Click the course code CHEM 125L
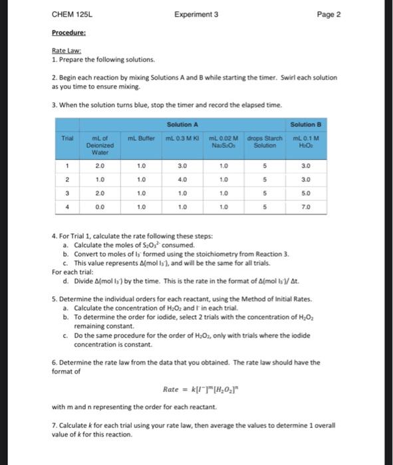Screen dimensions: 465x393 (x=70, y=14)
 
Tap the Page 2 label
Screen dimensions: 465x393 (x=329, y=14)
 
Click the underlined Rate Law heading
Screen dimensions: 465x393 (x=65, y=51)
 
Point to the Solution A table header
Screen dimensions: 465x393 (x=180, y=125)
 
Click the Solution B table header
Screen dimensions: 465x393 (x=307, y=125)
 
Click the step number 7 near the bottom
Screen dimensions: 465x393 (x=53, y=423)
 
